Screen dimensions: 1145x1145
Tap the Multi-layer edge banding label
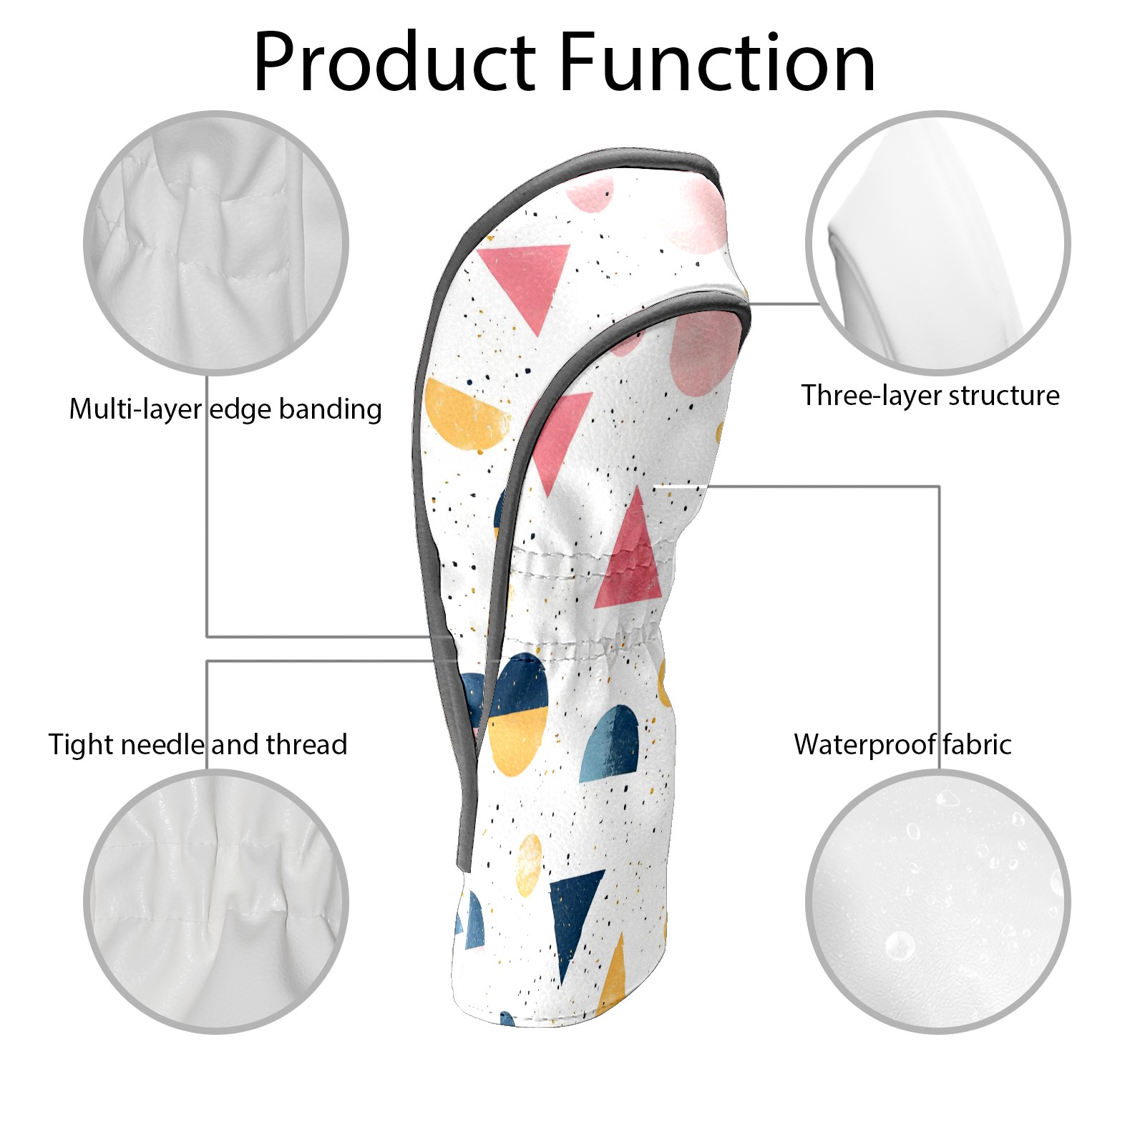[x=225, y=409]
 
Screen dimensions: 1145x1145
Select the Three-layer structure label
[x=930, y=395]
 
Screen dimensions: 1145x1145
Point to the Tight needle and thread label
[x=198, y=744]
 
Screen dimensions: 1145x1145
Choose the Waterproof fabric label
[x=902, y=744]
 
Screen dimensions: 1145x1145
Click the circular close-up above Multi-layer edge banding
[x=216, y=243]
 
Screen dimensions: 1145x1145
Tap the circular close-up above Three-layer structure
[x=937, y=243]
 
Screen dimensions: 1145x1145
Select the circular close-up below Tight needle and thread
[x=216, y=902]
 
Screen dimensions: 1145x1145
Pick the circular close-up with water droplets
[x=937, y=902]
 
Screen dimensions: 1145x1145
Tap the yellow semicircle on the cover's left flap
[x=465, y=415]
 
